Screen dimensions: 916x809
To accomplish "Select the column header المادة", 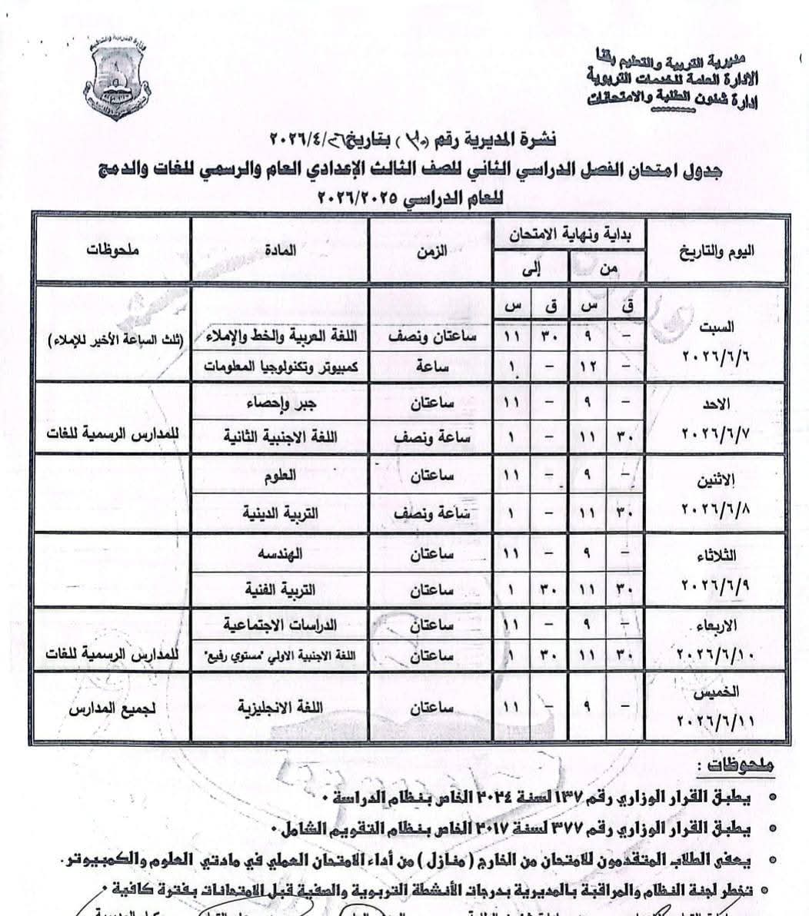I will tap(281, 250).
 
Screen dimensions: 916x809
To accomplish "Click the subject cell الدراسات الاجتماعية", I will tap(280, 625).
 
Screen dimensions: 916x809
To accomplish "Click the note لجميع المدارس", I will tap(113, 705).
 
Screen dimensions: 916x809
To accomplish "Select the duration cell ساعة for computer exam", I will tap(431, 367).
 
